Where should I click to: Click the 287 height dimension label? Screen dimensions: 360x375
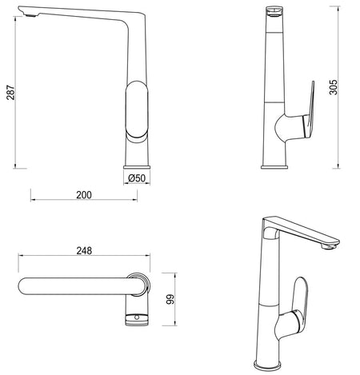(10, 93)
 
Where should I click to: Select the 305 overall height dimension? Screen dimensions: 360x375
(333, 87)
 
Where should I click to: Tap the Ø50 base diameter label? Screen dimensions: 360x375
(137, 178)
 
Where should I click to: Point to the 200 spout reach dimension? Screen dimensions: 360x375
(84, 195)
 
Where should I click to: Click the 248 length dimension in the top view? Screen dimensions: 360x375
(84, 251)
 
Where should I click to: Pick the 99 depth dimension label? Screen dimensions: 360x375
(170, 299)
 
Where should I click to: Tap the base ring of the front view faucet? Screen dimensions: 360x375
(137, 167)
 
